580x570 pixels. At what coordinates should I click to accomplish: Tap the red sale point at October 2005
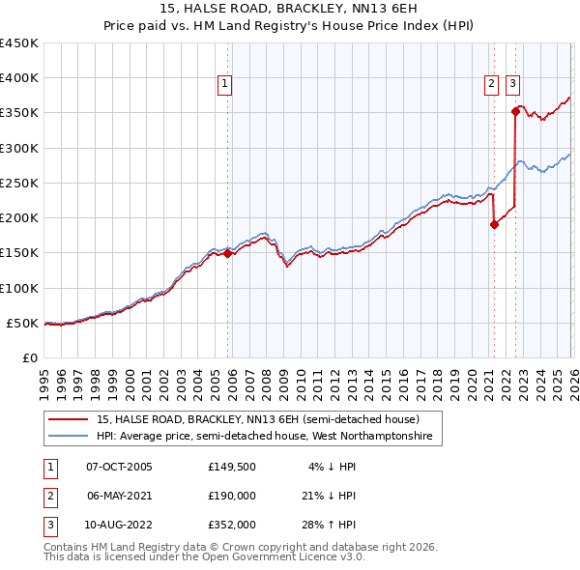(228, 254)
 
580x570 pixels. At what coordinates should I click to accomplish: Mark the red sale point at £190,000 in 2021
(494, 225)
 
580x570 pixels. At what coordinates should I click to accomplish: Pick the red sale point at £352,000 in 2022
(515, 112)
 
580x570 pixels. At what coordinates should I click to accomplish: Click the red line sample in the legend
(70, 420)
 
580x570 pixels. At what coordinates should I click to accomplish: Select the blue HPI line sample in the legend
(70, 438)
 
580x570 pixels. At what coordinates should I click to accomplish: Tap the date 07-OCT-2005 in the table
(119, 467)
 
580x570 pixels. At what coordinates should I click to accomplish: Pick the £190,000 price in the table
(232, 496)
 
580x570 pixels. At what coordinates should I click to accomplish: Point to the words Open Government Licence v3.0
(282, 557)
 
